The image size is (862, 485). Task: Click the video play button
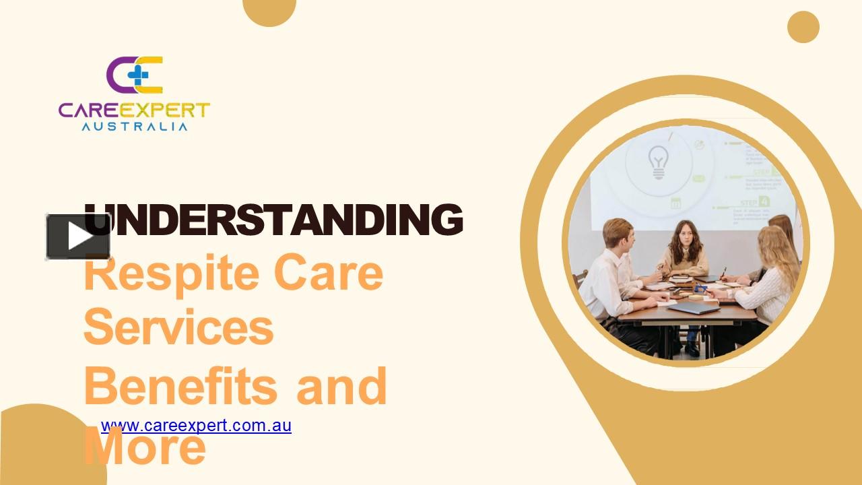(x=77, y=236)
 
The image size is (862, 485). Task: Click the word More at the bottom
(x=145, y=448)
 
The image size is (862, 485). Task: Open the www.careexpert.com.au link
(x=196, y=426)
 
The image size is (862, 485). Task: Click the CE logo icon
(x=135, y=74)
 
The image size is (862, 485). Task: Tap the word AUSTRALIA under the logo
(x=135, y=126)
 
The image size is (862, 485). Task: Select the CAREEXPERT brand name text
(x=134, y=110)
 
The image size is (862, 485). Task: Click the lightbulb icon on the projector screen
(x=657, y=162)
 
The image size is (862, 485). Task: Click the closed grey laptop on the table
(x=694, y=308)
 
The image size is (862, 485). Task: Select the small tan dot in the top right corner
(x=803, y=27)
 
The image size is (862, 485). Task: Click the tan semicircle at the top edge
(x=269, y=10)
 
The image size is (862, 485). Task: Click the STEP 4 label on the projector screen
(x=754, y=201)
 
